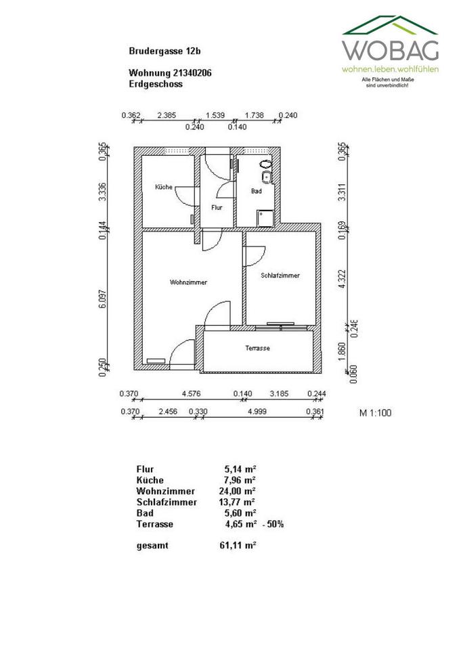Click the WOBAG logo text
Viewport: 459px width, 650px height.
391,49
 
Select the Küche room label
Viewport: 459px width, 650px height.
163,187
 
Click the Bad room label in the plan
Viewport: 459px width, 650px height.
256,192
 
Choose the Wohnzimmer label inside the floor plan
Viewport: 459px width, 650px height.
189,282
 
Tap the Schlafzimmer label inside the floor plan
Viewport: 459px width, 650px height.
280,276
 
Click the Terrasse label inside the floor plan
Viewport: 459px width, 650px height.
258,348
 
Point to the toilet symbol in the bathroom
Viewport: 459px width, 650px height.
265,164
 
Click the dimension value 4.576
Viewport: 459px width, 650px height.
192,393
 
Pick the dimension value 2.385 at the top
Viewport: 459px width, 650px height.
167,115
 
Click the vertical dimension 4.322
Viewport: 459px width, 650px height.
343,280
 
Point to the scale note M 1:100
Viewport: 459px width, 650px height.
375,412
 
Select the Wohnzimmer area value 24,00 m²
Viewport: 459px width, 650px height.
240,491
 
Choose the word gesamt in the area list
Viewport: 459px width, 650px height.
152,546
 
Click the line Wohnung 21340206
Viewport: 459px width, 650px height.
170,72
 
